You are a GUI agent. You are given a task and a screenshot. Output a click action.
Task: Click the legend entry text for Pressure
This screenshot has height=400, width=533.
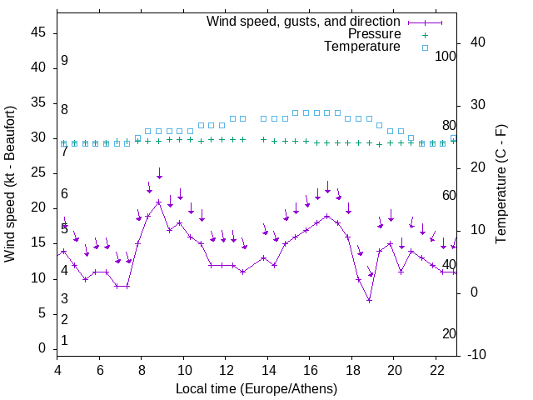coord(375,34)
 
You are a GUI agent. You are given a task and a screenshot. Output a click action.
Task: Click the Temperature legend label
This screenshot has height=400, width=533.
coord(362,47)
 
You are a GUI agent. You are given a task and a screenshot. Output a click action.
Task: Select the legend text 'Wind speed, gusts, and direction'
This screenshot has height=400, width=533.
coord(304,21)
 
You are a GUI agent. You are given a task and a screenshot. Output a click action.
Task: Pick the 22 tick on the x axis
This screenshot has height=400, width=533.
coord(436,371)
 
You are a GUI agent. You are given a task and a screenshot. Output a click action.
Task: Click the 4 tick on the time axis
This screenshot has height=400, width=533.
coord(57,371)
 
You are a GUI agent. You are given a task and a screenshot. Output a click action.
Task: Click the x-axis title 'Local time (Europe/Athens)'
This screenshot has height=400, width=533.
coord(257,388)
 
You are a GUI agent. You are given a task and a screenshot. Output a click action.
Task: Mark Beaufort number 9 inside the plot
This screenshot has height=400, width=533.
coord(64,61)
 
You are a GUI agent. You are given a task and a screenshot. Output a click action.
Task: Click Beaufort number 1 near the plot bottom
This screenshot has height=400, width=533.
coord(64,340)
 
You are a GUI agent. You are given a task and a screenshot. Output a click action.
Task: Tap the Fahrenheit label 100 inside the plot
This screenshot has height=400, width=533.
coord(446,56)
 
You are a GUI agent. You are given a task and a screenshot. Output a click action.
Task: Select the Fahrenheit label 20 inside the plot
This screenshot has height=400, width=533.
coord(449,333)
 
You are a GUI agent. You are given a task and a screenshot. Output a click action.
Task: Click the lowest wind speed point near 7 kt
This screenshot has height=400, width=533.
coord(369,300)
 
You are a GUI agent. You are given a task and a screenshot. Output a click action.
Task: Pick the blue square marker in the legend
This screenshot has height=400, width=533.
coord(425,47)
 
